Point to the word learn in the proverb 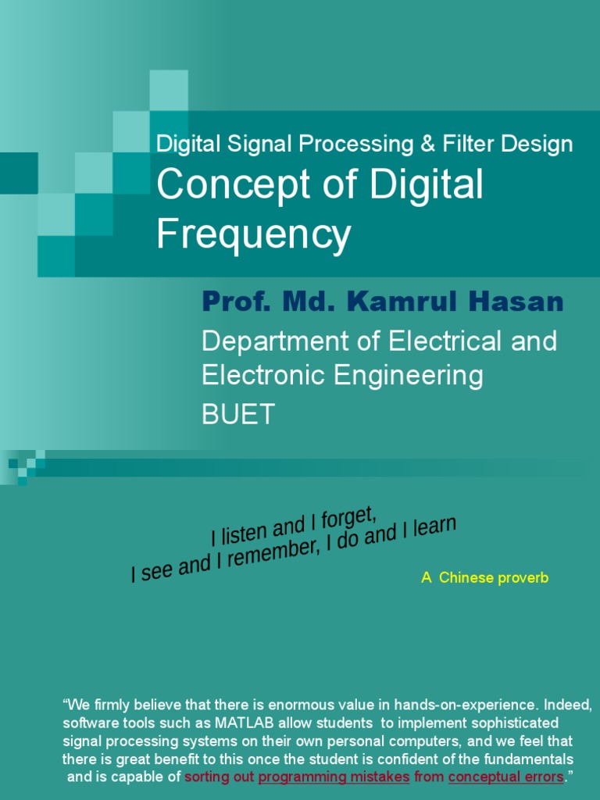[430, 529]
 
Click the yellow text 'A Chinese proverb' [484, 578]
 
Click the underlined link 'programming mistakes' [334, 777]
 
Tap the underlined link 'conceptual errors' [505, 777]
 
